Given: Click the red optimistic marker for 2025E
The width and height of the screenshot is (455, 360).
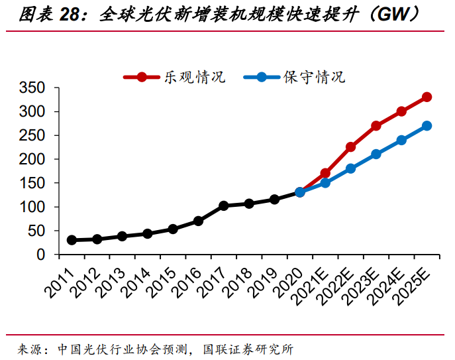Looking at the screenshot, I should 427,97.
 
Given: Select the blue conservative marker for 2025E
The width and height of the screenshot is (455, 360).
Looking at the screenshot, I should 427,125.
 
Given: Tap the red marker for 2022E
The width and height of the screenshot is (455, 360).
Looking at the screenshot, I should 350,147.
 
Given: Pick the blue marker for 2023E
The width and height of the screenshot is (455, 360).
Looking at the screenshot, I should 376,154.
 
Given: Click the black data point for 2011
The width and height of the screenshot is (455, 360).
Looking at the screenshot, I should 72,240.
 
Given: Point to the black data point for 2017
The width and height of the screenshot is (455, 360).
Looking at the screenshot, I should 223,206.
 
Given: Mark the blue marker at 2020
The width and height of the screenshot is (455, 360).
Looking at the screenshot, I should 299,192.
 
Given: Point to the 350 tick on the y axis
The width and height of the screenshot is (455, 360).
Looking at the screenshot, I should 32,88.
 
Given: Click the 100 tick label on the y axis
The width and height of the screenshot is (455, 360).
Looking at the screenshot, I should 32,207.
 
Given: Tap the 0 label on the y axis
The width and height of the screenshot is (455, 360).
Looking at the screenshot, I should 41,255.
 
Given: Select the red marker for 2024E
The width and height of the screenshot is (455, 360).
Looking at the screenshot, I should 401,111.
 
